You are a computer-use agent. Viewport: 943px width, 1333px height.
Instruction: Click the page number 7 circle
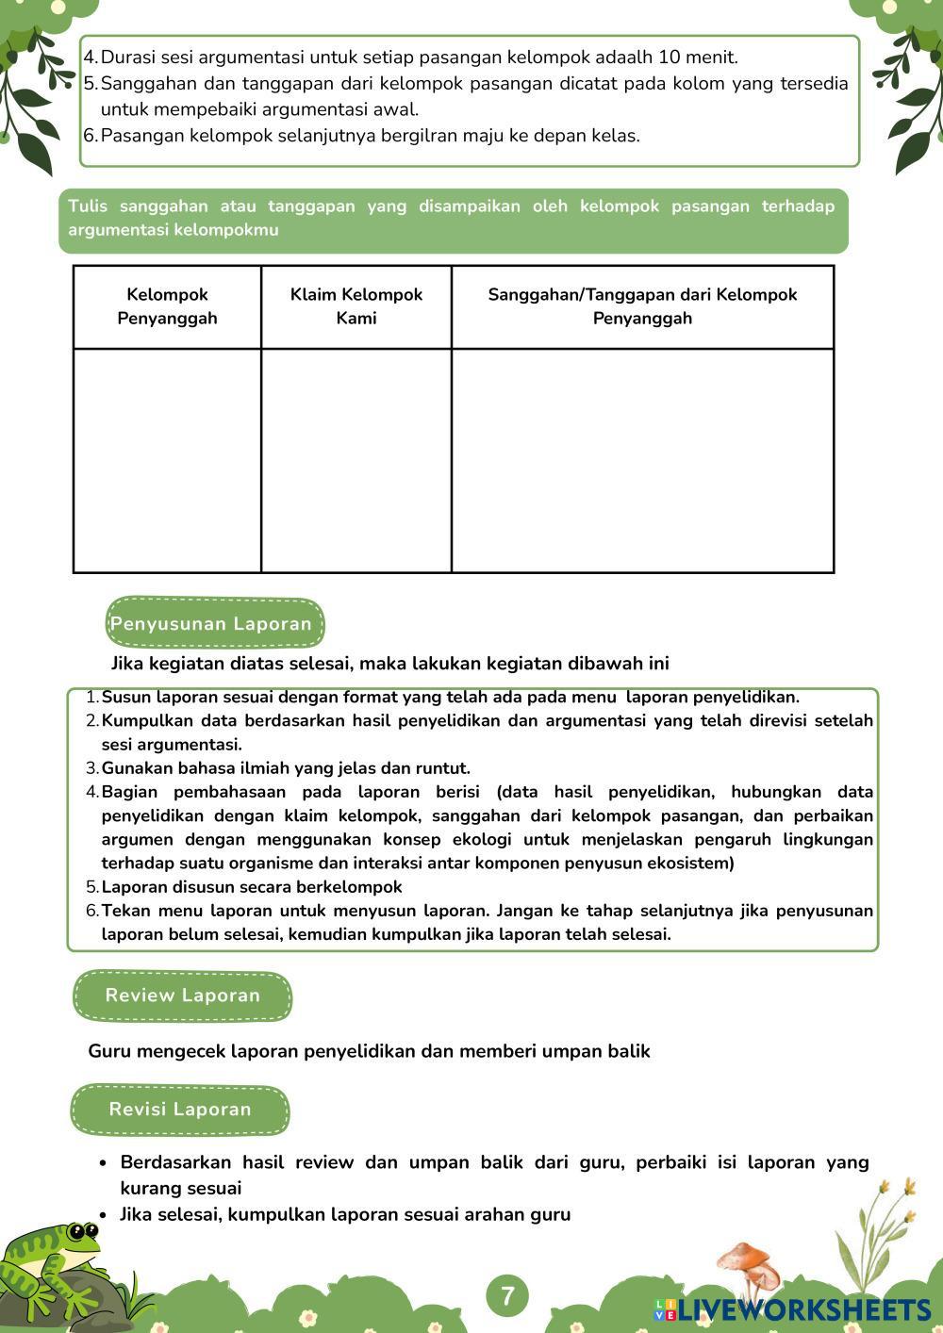(507, 1295)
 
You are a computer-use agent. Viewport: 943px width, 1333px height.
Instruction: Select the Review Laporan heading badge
(183, 996)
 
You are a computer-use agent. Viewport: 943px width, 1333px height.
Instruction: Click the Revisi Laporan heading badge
(180, 1110)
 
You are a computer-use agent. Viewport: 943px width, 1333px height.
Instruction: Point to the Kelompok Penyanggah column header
(167, 306)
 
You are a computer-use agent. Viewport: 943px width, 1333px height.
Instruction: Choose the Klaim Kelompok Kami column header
(356, 306)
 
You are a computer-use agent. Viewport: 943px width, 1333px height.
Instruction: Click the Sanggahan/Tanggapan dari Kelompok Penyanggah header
(642, 306)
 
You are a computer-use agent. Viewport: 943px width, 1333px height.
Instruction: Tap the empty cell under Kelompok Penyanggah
(167, 460)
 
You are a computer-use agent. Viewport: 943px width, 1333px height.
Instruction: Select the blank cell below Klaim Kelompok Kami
(356, 460)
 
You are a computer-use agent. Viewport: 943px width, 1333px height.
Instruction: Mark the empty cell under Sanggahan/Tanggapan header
(642, 460)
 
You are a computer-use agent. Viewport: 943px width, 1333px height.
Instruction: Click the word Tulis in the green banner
(87, 206)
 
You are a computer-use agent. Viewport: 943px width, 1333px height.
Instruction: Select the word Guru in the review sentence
(109, 1051)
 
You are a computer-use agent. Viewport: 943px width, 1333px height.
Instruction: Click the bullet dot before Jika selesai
(103, 1214)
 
